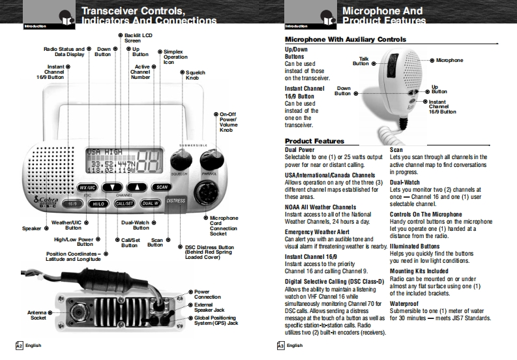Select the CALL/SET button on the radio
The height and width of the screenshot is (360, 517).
point(125,203)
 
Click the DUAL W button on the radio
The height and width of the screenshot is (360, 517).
point(150,203)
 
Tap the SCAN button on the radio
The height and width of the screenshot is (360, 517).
point(162,187)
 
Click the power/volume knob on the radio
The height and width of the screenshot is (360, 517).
point(210,160)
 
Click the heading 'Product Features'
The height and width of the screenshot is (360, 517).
point(315,141)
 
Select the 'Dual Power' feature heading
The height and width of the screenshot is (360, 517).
point(301,150)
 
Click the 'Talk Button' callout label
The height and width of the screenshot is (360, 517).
point(361,61)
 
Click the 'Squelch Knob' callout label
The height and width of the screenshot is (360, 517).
point(196,76)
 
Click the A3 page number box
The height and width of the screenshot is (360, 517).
point(280,345)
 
